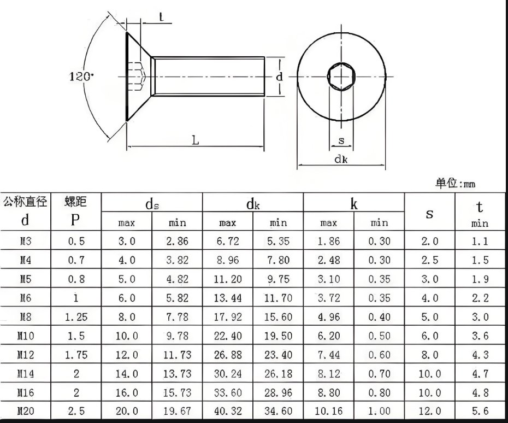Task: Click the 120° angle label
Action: coord(81,77)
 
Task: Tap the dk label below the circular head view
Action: coord(341,159)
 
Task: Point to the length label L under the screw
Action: coord(196,140)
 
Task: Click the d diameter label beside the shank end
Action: coord(279,77)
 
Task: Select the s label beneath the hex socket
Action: coord(341,140)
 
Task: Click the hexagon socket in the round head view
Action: coord(341,77)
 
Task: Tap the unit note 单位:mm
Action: coord(455,184)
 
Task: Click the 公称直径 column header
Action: coord(25,201)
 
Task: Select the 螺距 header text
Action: coord(76,201)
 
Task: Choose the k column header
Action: coord(354,204)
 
